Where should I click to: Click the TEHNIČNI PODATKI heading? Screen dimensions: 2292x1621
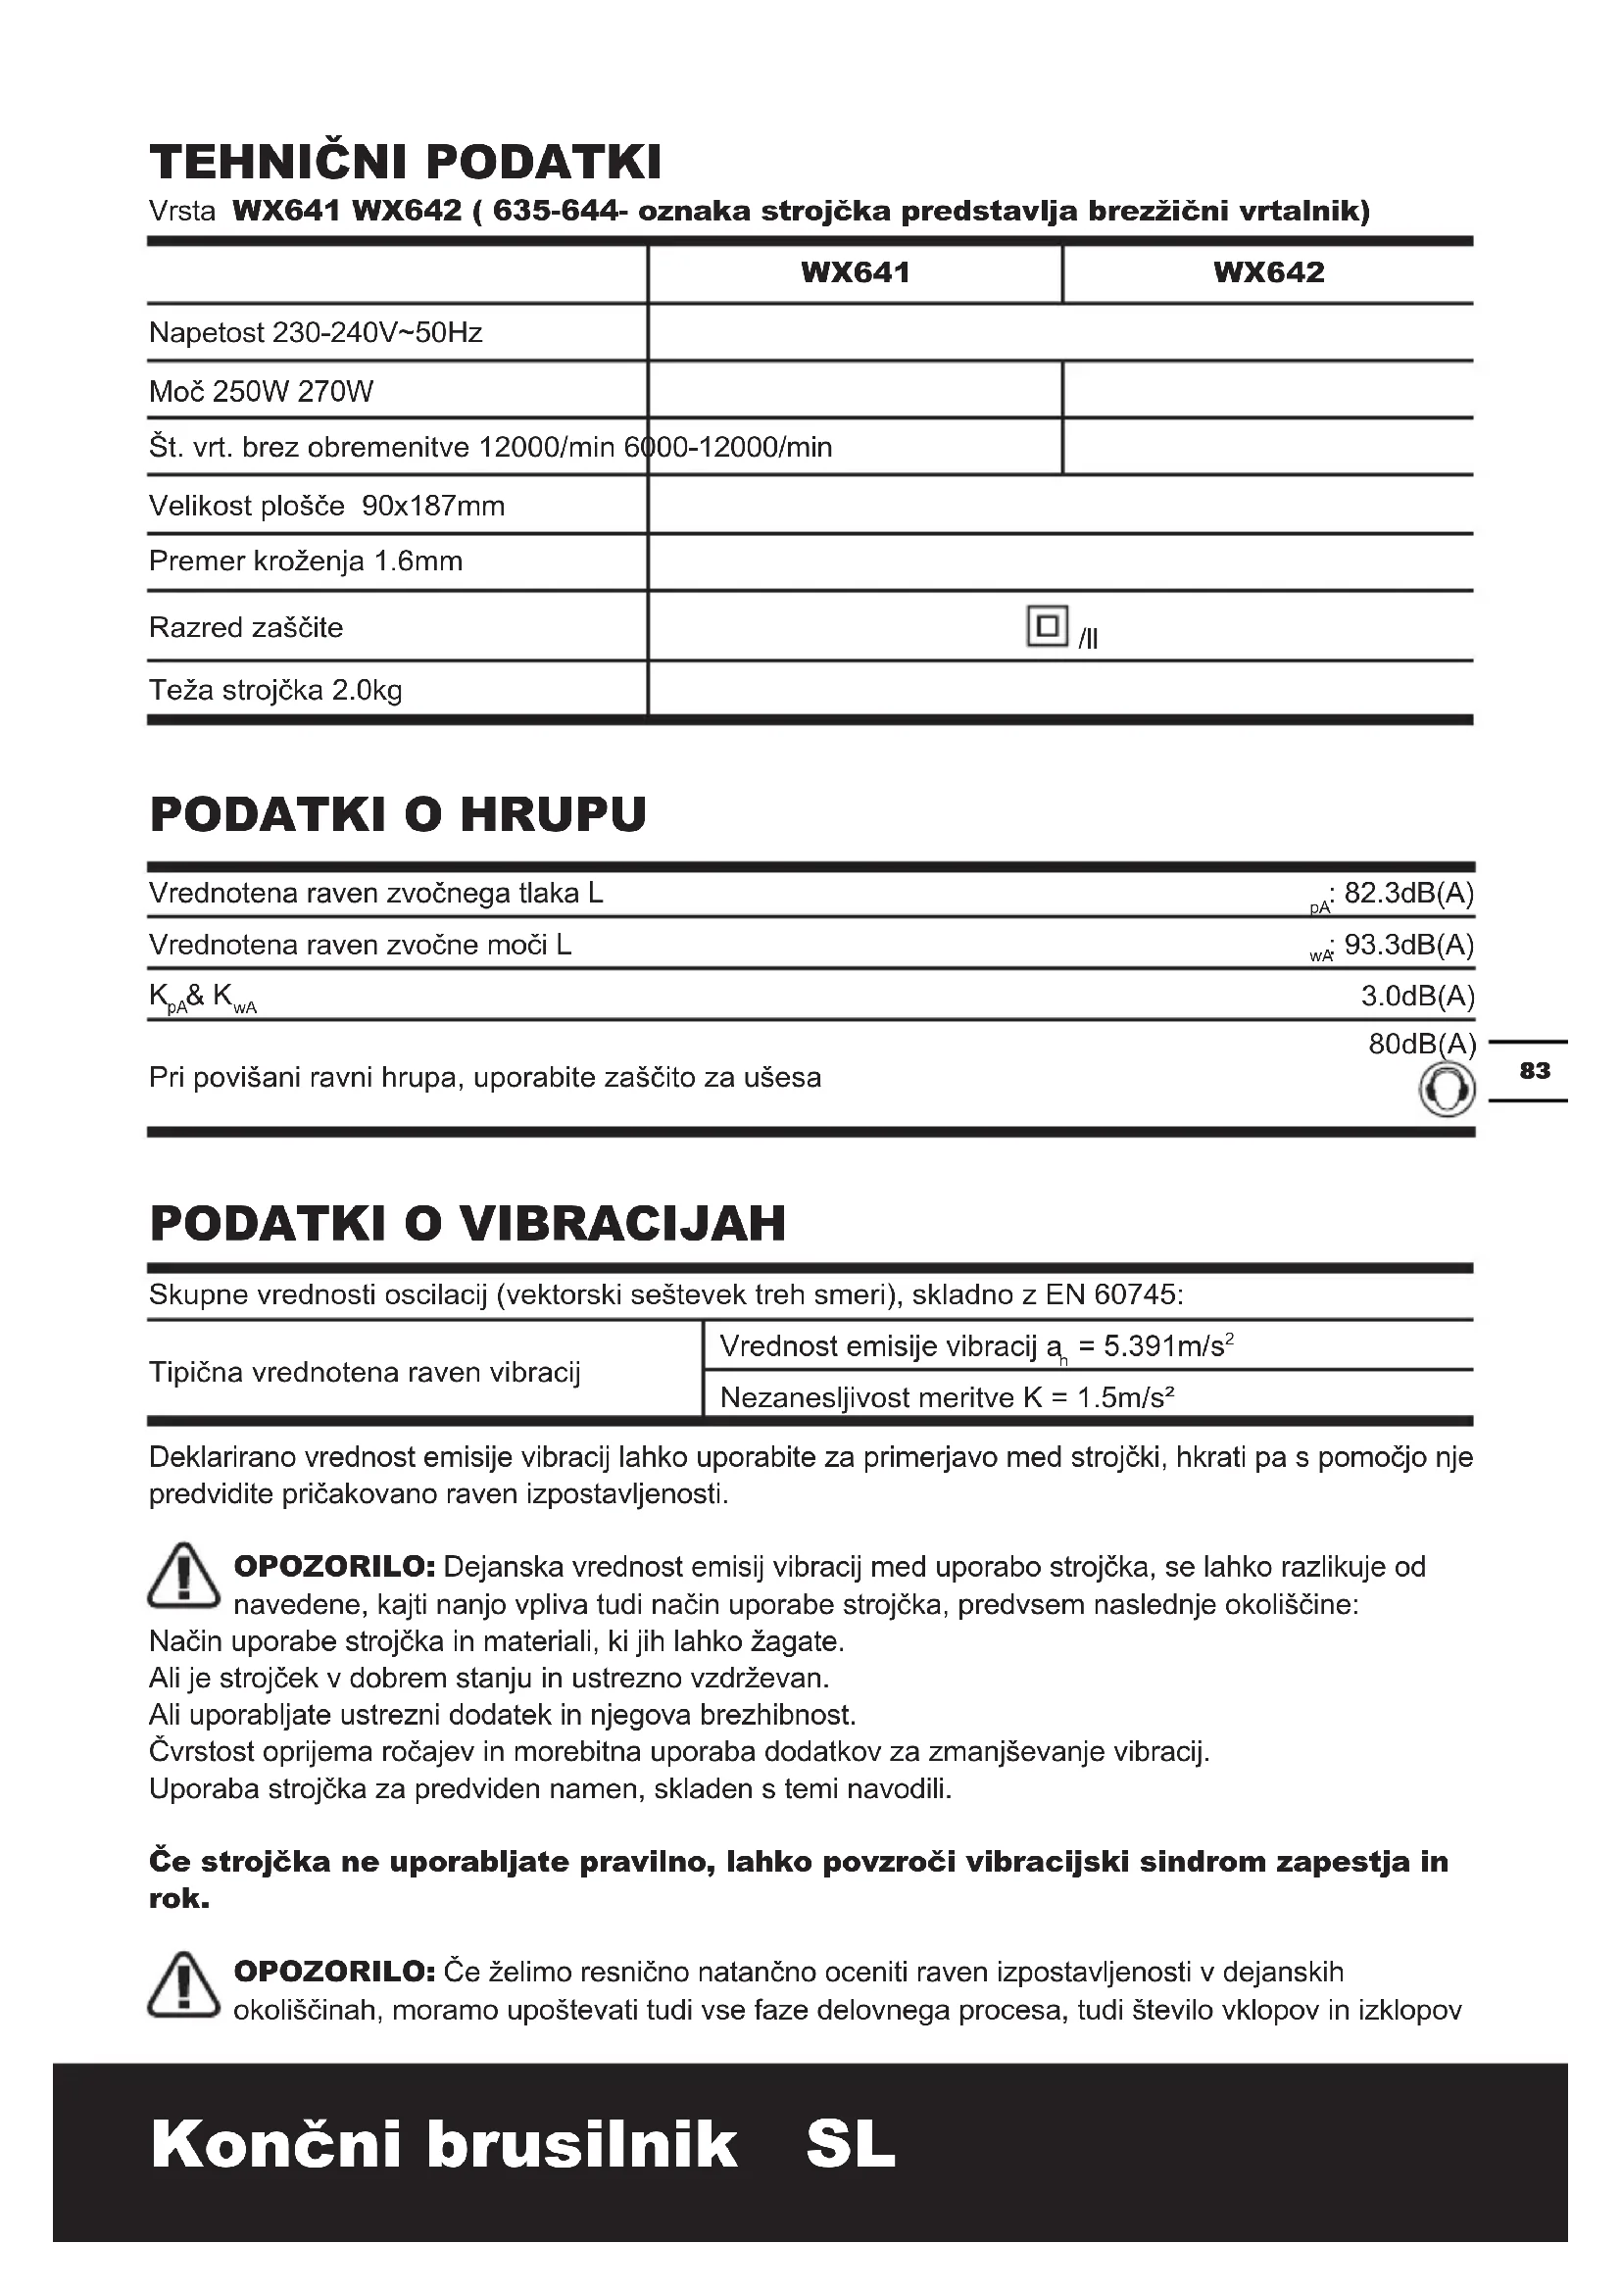[x=406, y=162]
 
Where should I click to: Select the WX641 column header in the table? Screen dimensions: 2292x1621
[x=856, y=272]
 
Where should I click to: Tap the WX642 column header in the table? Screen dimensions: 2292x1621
[x=1268, y=272]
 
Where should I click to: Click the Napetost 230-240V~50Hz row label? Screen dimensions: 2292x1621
[x=316, y=332]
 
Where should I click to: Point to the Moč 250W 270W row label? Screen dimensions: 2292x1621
[x=261, y=391]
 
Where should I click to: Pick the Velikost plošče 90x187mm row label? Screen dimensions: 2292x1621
[x=326, y=506]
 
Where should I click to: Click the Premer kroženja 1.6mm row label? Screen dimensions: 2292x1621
[x=306, y=561]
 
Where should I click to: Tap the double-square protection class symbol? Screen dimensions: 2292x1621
[x=1047, y=626]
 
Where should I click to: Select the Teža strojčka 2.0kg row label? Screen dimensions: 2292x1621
[x=275, y=690]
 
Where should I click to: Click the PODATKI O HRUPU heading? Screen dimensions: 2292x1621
[x=398, y=813]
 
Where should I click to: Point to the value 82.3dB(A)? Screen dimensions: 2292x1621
[x=1408, y=893]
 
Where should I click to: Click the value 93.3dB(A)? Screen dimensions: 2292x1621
[x=1408, y=945]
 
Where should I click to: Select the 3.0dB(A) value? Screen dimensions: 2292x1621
[x=1417, y=996]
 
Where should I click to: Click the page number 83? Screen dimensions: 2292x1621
[x=1534, y=1071]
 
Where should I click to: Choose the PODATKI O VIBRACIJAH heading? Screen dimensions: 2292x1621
[x=467, y=1223]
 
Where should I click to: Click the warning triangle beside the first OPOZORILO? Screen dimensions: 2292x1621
[x=183, y=1577]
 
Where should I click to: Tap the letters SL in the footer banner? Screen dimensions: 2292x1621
[x=851, y=2143]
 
